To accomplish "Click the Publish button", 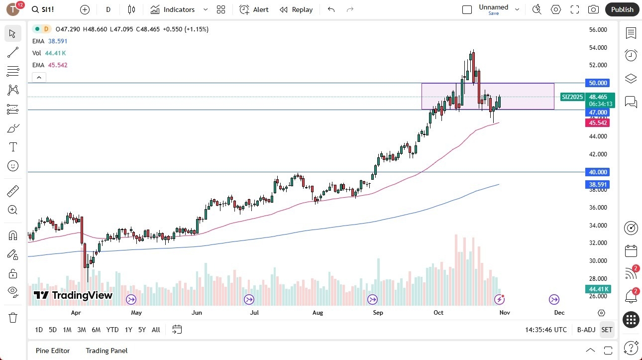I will tap(622, 9).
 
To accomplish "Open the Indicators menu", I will tap(179, 9).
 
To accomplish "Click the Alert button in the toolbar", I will tap(254, 9).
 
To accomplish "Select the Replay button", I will tap(296, 9).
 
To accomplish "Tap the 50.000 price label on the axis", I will tap(598, 83).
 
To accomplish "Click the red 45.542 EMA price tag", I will tap(598, 122).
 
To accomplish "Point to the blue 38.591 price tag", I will tap(598, 184).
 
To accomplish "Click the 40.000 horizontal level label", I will tap(598, 172).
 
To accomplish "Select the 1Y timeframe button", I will tap(128, 330).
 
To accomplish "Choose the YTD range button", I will tap(112, 330).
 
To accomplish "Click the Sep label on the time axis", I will tap(378, 313).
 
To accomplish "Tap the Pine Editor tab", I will tap(53, 351).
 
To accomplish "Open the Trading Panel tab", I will tap(107, 351).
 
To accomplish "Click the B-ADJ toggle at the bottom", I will tap(586, 330).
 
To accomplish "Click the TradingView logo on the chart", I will tap(73, 295).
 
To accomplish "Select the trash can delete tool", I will tap(13, 317).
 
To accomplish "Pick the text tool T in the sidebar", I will tap(13, 147).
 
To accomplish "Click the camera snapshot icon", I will tap(593, 9).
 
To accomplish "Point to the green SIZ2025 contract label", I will tap(572, 97).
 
